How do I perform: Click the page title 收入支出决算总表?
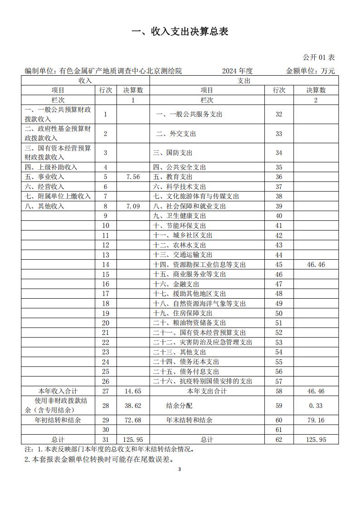pos(180,31)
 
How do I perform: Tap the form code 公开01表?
pos(319,58)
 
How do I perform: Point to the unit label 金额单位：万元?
pos(311,71)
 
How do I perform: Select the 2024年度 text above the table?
pos(237,71)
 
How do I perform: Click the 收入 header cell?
pos(85,81)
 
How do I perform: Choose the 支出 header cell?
pos(244,81)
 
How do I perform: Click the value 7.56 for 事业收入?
pos(133,177)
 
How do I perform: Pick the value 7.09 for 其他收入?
pos(133,206)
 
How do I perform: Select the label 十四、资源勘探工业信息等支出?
pos(199,265)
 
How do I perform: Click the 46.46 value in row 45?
pos(316,265)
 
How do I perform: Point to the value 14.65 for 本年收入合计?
pos(133,391)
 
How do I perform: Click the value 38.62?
pos(133,406)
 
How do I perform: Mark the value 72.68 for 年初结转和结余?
pos(133,420)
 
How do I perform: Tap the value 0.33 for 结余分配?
pos(316,406)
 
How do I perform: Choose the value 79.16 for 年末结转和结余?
pos(316,420)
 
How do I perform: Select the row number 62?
pos(278,440)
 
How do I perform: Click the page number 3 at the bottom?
pos(180,469)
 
